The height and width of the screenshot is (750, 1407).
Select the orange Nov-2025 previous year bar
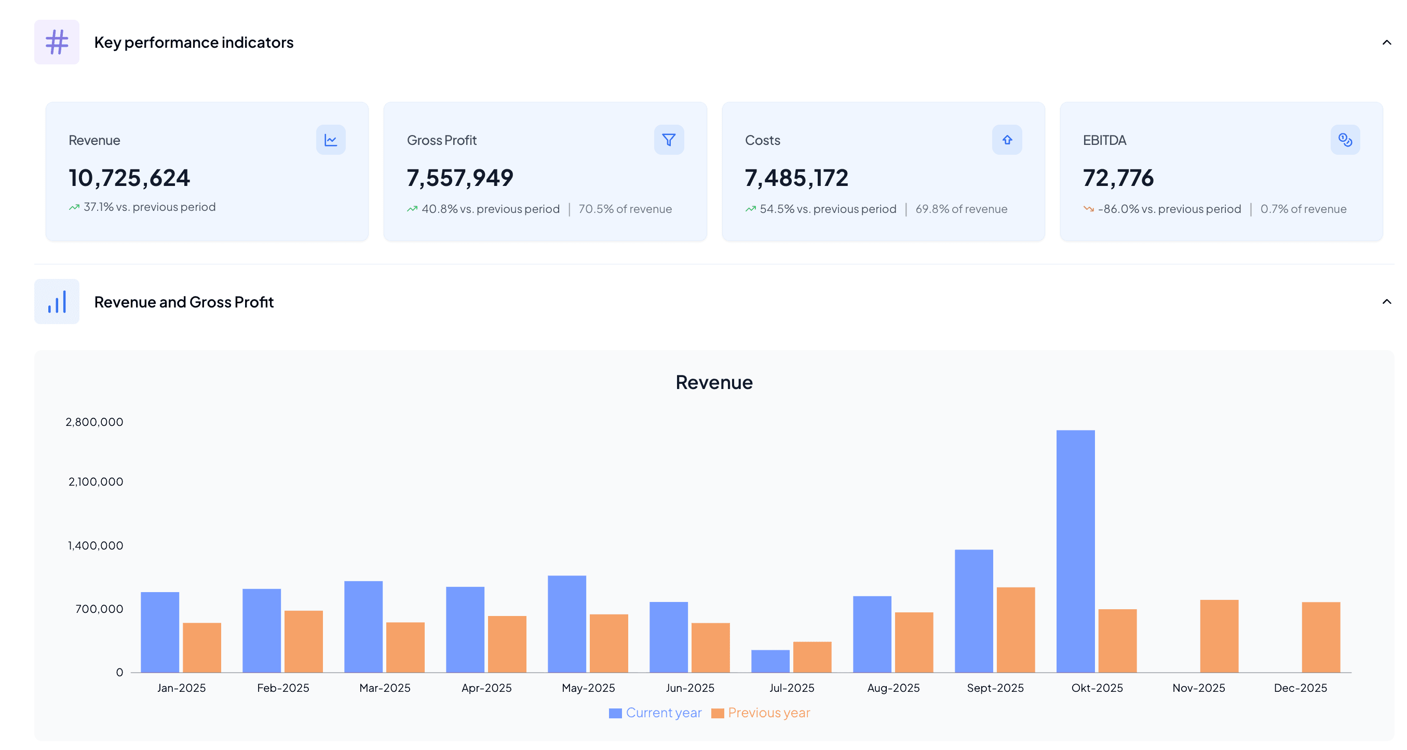click(x=1219, y=636)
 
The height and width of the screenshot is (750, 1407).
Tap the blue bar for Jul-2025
click(x=770, y=661)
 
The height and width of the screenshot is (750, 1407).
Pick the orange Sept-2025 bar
click(x=1016, y=630)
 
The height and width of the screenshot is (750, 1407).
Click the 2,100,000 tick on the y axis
click(x=96, y=482)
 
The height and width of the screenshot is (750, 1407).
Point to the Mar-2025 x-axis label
click(x=385, y=688)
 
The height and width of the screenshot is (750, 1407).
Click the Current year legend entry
click(x=655, y=713)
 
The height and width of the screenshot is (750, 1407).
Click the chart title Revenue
click(x=713, y=382)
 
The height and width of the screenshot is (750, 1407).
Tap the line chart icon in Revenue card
click(x=330, y=140)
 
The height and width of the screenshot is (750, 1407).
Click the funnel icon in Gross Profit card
click(x=669, y=140)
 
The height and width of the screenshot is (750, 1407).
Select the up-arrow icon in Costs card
click(x=1007, y=140)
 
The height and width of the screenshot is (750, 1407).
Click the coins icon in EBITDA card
click(x=1345, y=140)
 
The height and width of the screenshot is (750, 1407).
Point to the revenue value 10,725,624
click(x=129, y=178)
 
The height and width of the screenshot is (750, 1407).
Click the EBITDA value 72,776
click(x=1118, y=178)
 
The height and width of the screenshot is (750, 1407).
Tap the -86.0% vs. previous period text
click(x=1169, y=209)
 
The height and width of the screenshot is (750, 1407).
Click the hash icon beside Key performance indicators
click(x=57, y=42)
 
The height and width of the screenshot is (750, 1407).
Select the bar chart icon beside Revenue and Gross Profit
click(x=57, y=302)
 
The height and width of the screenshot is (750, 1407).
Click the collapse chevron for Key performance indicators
click(x=1386, y=42)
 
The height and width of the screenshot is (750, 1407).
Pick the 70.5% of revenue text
click(x=625, y=209)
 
